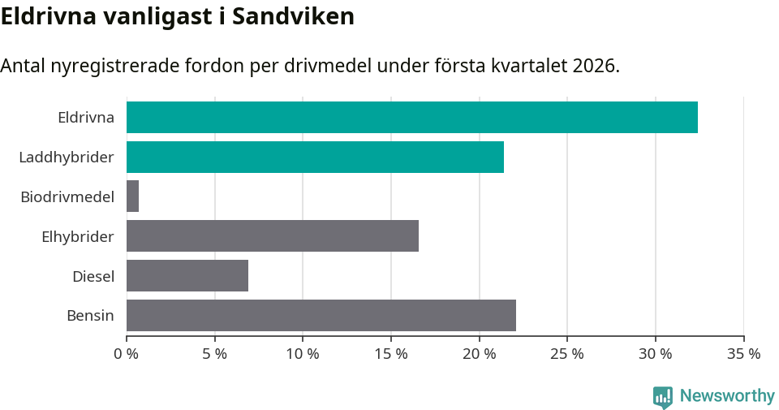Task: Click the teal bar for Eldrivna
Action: (x=411, y=117)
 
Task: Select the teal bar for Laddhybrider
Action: (x=315, y=157)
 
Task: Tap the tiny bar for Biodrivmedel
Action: (x=132, y=196)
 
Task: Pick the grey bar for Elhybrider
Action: (x=273, y=236)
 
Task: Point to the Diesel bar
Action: (x=187, y=276)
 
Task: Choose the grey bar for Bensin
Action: (x=321, y=316)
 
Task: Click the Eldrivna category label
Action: (x=85, y=117)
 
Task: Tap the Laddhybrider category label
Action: (x=67, y=157)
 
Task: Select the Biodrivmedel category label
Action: (x=67, y=196)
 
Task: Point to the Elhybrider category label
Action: (x=78, y=236)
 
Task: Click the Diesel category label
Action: (x=93, y=276)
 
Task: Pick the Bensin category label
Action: (x=90, y=316)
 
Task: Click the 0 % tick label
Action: (x=127, y=354)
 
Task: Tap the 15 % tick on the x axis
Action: (x=391, y=354)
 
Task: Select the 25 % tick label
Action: (x=567, y=354)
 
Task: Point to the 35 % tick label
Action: (x=743, y=354)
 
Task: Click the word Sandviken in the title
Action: (x=293, y=17)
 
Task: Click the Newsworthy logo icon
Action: (x=663, y=396)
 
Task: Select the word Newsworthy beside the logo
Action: (x=727, y=396)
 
